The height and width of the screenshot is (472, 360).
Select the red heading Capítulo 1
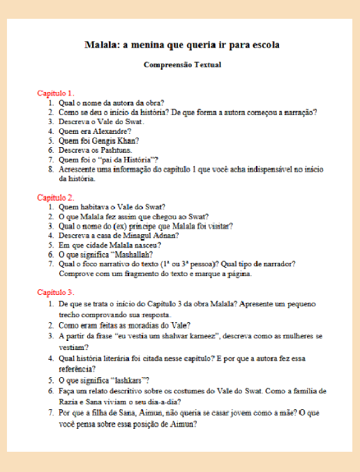point(56,93)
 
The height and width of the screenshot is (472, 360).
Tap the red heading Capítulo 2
point(56,197)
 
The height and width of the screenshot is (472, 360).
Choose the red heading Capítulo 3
point(56,291)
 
